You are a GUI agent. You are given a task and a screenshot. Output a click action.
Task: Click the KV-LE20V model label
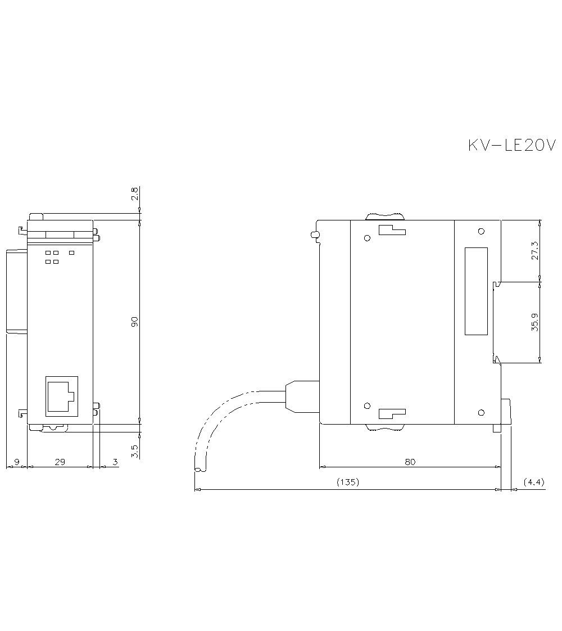point(512,145)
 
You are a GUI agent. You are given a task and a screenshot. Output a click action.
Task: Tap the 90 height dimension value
point(135,321)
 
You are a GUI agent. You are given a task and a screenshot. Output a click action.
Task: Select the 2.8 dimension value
point(135,193)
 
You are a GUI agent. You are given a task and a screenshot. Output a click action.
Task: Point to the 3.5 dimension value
point(135,451)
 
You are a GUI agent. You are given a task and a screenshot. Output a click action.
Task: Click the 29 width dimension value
point(60,462)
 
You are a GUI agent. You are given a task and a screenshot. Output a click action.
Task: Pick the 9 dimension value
point(16,462)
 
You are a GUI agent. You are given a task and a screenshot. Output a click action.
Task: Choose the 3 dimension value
point(115,462)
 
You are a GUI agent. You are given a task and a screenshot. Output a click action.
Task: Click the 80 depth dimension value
point(410,462)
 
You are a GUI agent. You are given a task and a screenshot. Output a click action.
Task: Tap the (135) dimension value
point(347,482)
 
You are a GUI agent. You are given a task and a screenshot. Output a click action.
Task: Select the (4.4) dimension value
point(534,482)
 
